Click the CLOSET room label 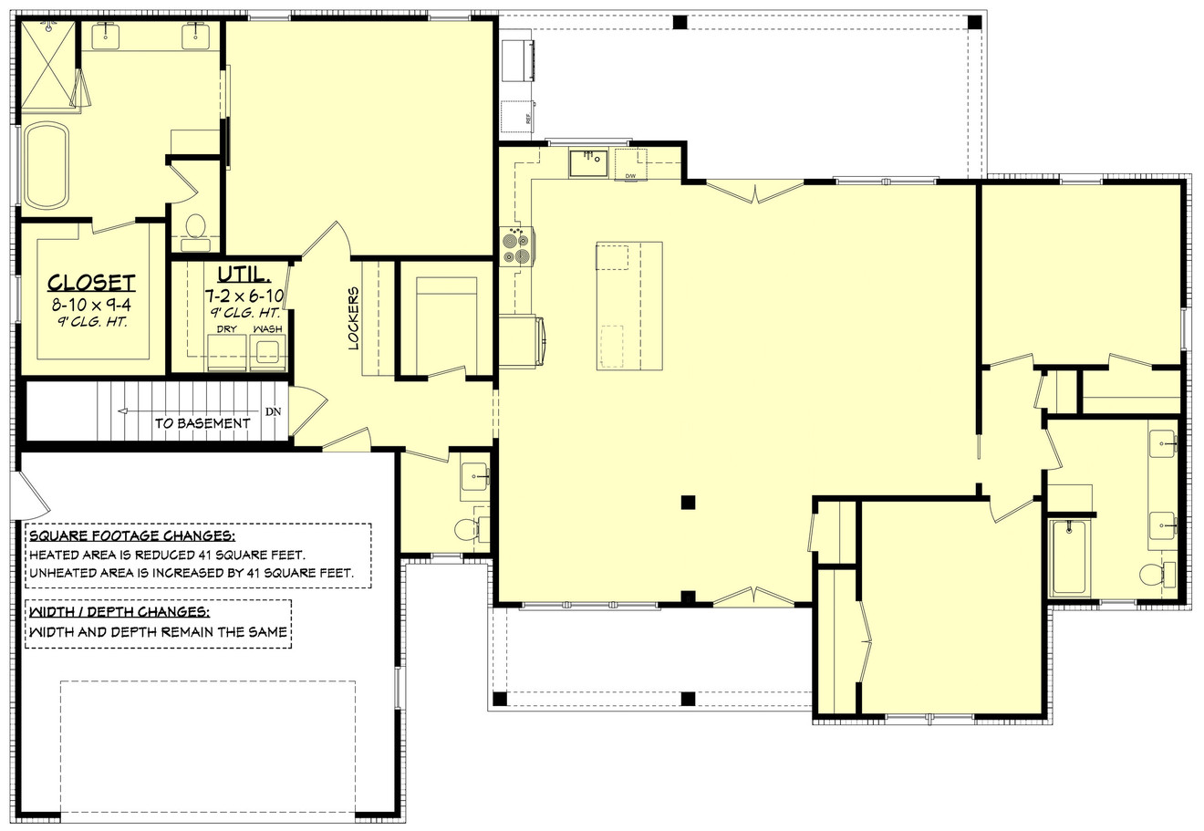click(91, 283)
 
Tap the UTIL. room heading click(243, 275)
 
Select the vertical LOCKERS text click(353, 317)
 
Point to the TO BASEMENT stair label click(202, 423)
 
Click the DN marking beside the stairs click(273, 411)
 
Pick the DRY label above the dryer click(226, 328)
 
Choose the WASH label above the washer click(267, 328)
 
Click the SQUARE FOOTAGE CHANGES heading click(132, 535)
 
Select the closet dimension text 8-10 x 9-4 click(91, 305)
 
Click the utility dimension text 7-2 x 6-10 click(243, 296)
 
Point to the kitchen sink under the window click(589, 164)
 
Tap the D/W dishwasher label click(629, 175)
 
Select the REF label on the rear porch click(528, 119)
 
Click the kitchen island click(629, 306)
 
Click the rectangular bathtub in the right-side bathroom click(1068, 556)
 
